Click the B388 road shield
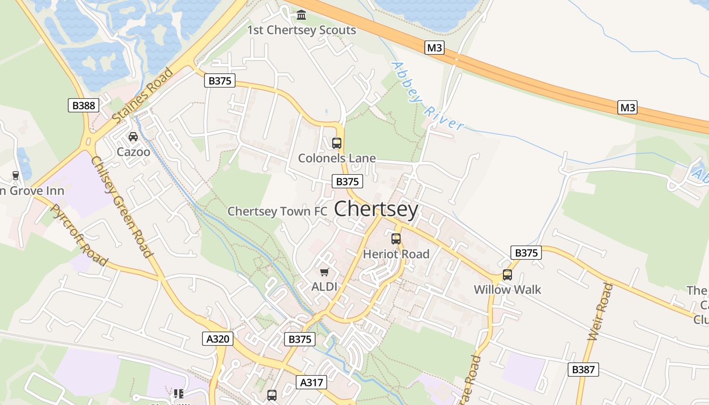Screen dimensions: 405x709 coord(84,105)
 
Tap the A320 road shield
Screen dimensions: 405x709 coord(219,339)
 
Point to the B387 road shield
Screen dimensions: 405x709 coord(583,370)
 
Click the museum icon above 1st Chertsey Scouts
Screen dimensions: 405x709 coord(301,15)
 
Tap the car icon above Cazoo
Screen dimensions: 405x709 coord(133,137)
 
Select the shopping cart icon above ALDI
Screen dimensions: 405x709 coord(325,272)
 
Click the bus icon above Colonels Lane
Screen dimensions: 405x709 coord(337,143)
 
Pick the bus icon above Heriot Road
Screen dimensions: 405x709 coord(396,239)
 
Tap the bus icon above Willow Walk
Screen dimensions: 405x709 coord(507,275)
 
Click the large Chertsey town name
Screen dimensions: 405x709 coord(376,209)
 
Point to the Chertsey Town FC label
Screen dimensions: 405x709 coord(278,211)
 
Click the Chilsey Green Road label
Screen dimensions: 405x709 coord(122,207)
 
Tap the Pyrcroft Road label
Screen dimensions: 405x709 coord(80,235)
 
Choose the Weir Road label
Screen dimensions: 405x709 coord(600,311)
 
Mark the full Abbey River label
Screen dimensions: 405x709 coord(428,96)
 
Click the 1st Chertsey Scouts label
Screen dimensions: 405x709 coord(301,30)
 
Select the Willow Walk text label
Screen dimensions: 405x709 coord(507,290)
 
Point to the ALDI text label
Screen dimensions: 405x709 coord(324,287)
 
